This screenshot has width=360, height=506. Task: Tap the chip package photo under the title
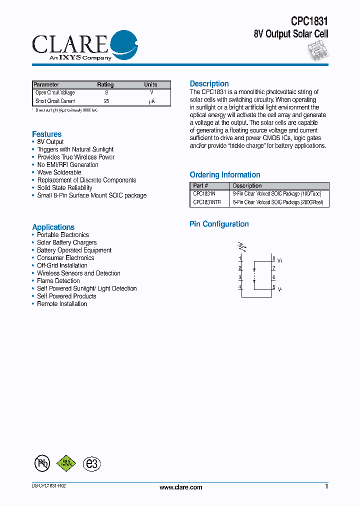tap(317, 50)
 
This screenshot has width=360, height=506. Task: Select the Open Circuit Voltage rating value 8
tap(106, 92)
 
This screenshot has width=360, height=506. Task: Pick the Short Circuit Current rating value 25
tap(106, 101)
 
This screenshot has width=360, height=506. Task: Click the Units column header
tap(150, 84)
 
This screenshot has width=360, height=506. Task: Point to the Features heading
tap(46, 134)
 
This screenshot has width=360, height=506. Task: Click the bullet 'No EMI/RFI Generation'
tap(67, 164)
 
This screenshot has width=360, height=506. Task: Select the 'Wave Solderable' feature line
tap(59, 172)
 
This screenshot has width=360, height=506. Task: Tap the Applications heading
tap(53, 227)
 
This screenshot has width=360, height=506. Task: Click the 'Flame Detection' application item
tap(58, 281)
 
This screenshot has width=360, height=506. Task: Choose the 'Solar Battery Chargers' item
tap(66, 242)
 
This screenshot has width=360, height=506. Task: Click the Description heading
tap(209, 84)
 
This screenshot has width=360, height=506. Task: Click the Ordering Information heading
tap(224, 175)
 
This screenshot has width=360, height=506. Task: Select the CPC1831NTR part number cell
tap(207, 202)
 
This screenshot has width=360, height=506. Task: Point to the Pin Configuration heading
tap(219, 224)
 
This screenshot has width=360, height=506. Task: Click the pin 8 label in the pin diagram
tap(273, 258)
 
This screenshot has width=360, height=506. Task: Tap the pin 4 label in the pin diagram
tap(240, 286)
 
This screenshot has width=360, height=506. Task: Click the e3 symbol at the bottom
tap(91, 463)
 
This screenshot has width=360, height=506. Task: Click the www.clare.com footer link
tap(180, 487)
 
